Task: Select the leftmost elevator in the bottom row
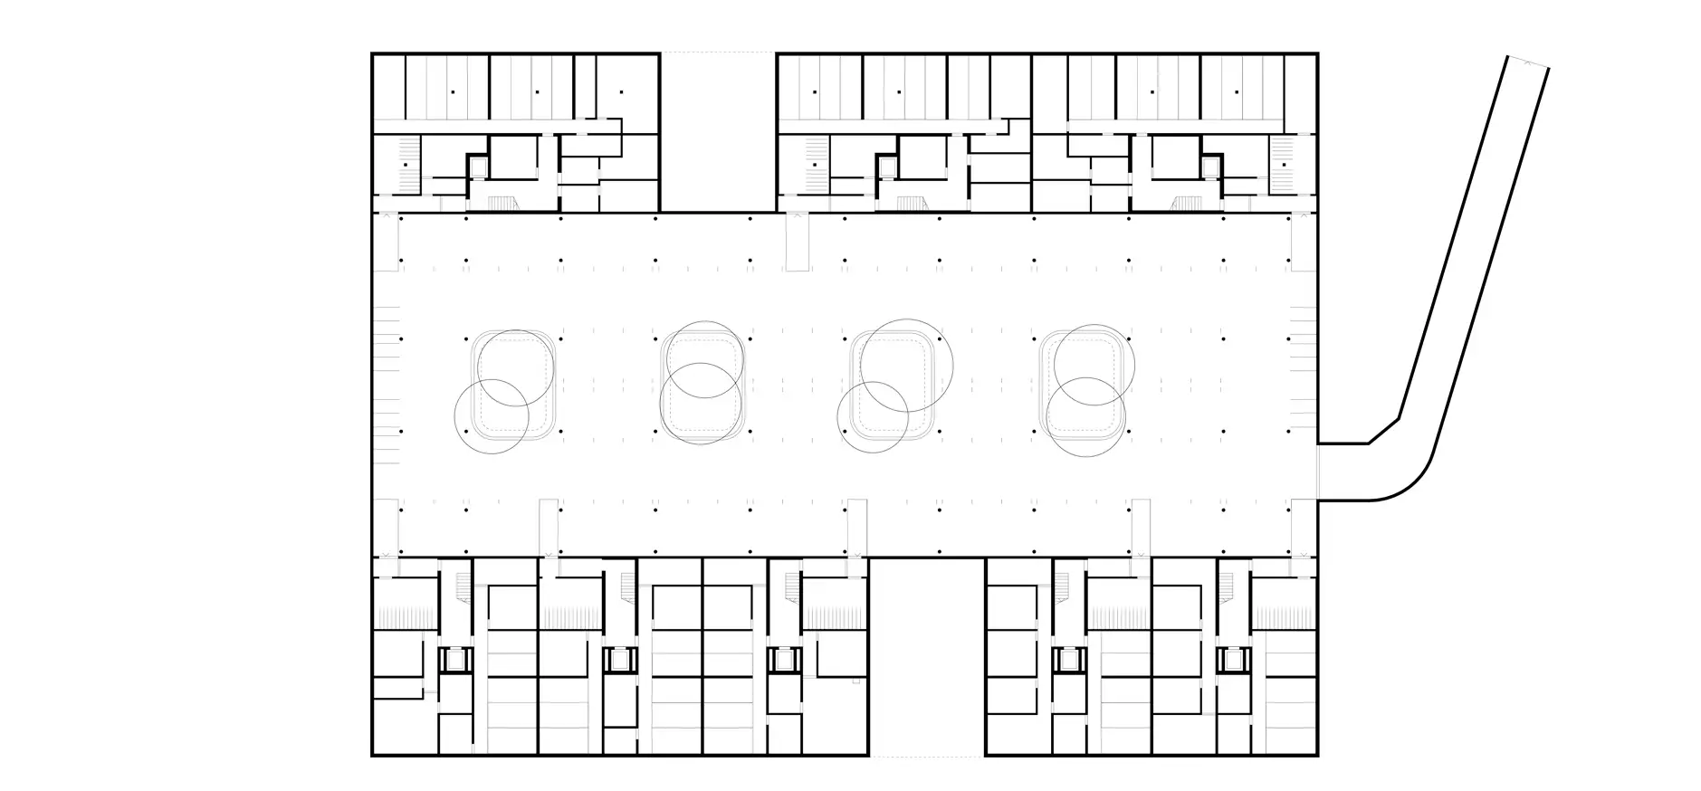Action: [453, 659]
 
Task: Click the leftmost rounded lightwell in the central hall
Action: [513, 386]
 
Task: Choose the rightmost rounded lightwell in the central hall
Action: [1082, 386]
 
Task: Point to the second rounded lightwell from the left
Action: [703, 386]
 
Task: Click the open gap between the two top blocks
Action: [718, 132]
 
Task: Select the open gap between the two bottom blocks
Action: [926, 656]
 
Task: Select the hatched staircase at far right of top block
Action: [1283, 165]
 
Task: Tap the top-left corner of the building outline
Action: [373, 54]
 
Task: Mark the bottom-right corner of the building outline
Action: [1316, 755]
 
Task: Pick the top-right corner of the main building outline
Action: [1316, 54]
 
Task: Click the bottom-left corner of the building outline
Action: [373, 755]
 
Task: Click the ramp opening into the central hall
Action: [1319, 471]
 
